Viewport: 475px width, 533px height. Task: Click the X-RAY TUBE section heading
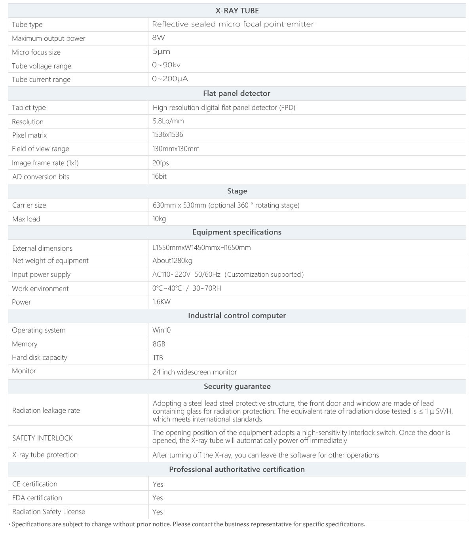pos(237,11)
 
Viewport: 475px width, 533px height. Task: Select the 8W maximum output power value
pos(158,38)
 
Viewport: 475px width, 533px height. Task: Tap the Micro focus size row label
pos(36,52)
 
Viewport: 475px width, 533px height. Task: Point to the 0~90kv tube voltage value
pos(166,65)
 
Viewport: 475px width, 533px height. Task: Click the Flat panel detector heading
pos(237,93)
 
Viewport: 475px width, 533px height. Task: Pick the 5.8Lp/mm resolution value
pos(168,121)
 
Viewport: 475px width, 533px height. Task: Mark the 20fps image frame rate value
pos(161,163)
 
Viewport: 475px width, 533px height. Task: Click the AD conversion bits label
pos(41,177)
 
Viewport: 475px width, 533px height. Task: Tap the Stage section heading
pos(237,191)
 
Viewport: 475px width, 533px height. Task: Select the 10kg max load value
pos(159,219)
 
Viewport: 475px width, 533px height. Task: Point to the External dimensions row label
pos(42,248)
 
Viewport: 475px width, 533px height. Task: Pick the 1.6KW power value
pos(161,302)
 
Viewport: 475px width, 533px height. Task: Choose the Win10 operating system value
pos(161,330)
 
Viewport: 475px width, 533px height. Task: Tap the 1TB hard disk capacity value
pos(158,358)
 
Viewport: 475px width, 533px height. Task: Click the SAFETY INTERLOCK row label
pos(42,438)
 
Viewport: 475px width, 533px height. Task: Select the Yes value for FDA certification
pos(158,498)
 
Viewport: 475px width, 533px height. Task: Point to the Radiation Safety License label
pos(49,512)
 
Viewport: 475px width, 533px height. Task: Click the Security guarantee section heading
pos(237,386)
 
